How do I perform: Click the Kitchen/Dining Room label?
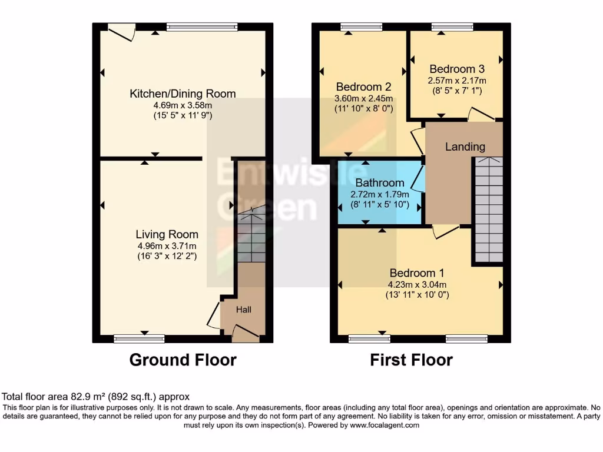click(x=183, y=94)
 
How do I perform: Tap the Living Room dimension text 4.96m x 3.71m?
click(x=167, y=246)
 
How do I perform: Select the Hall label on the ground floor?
click(x=244, y=310)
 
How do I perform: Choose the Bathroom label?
click(x=380, y=183)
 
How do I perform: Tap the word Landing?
click(x=465, y=147)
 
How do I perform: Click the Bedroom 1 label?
click(x=417, y=273)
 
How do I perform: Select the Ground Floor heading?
click(x=183, y=360)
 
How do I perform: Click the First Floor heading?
click(x=411, y=360)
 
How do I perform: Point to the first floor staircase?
click(x=488, y=211)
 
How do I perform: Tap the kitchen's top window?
click(x=202, y=26)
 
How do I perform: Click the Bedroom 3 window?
click(x=452, y=26)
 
